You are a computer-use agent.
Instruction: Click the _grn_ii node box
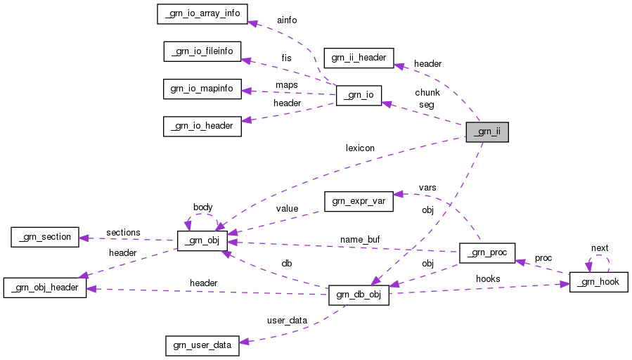486,132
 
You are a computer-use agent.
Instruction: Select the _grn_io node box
359,96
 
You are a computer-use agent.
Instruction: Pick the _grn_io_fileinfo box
202,51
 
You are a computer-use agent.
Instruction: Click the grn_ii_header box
359,58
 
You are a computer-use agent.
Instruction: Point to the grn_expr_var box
358,201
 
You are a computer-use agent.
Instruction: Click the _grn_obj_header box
45,288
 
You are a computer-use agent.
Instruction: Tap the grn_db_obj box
359,295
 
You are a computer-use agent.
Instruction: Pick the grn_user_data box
202,345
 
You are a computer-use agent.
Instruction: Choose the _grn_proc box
487,252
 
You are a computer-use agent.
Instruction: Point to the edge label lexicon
360,148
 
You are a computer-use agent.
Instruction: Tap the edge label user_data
287,320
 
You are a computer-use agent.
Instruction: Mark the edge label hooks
488,279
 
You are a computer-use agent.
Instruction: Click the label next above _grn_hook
600,248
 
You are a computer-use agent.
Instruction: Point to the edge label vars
427,188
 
